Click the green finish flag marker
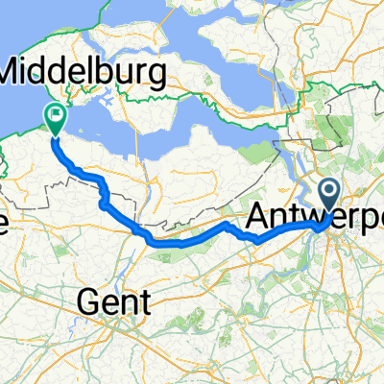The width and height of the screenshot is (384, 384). coord(55,116)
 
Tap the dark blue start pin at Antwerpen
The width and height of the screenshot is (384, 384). coord(328,193)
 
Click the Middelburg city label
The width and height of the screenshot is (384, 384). coord(84,72)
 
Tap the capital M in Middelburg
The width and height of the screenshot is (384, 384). coord(16,72)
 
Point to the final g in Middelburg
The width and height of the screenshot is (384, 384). coord(156,75)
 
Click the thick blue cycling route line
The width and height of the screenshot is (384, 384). coord(192,241)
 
